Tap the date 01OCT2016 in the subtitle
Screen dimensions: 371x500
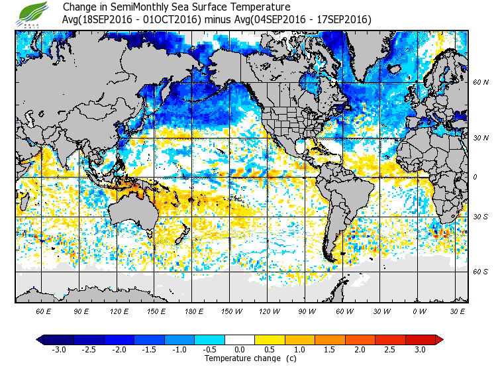(x=177, y=20)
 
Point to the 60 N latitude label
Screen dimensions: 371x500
(x=481, y=82)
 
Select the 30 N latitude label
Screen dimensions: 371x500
(x=481, y=138)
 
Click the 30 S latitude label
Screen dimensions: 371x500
(x=481, y=217)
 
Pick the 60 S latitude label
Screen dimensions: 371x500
(x=481, y=272)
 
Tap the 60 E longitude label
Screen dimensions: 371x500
(x=43, y=311)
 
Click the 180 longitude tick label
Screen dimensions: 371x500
(x=193, y=311)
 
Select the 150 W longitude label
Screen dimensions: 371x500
(x=232, y=311)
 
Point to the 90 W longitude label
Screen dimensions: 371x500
(x=307, y=311)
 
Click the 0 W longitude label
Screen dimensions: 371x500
(x=419, y=311)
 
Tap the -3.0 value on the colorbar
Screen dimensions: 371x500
(x=58, y=350)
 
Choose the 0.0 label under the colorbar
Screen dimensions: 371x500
(x=240, y=350)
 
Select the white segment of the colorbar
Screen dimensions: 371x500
(x=240, y=340)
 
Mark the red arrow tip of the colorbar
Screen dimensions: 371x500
(x=439, y=340)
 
